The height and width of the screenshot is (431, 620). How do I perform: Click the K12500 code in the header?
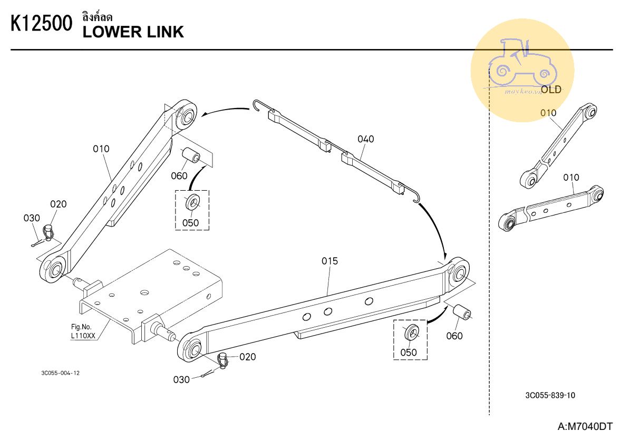pos(41,25)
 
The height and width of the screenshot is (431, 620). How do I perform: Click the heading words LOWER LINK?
pos(133,32)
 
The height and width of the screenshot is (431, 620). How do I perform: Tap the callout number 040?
pos(365,139)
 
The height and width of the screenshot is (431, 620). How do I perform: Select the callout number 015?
pos(330,261)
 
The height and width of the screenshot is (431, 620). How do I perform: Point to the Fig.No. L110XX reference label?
pos(83,331)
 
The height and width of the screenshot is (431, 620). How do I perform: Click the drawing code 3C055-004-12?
pos(61,373)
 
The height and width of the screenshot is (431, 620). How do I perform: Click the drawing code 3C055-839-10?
pos(550,396)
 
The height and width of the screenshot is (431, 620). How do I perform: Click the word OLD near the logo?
pos(551,90)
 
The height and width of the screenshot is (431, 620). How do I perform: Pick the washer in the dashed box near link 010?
pos(192,202)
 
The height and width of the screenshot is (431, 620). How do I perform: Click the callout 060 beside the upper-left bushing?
pos(179,175)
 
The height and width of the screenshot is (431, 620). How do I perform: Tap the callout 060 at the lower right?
pos(454,336)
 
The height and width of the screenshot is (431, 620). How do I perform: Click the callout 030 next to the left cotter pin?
pos(32,218)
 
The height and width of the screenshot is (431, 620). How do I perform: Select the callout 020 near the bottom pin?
pos(247,357)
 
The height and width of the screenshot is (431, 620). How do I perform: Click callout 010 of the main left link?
pos(101,149)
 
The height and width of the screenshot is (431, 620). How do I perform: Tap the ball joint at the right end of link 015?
pos(459,273)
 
